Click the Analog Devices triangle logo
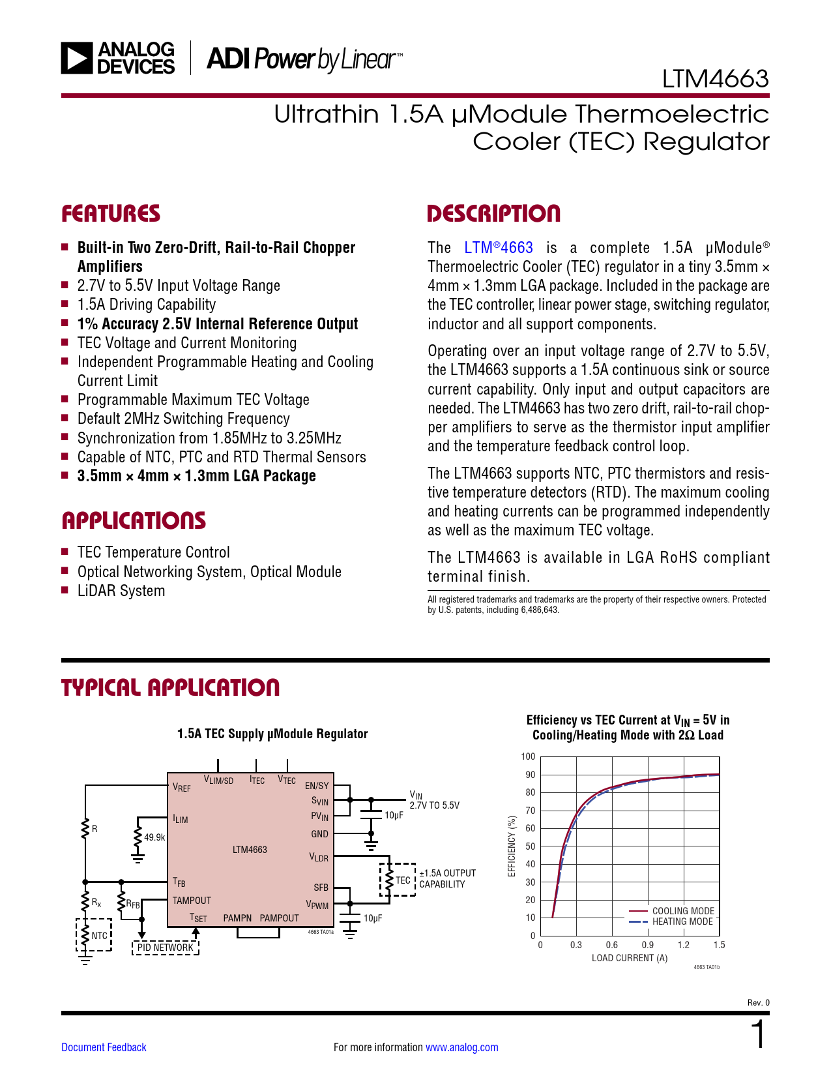point(77,58)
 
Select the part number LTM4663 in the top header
point(715,79)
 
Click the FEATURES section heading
point(111,214)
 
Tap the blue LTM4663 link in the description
point(499,248)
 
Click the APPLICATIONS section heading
point(134,520)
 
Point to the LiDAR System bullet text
point(121,591)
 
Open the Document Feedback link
point(104,1047)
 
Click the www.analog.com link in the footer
point(461,1047)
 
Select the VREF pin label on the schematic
point(182,788)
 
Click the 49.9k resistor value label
point(154,837)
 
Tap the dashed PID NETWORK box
point(165,948)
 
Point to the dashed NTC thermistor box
point(95,935)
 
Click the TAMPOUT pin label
point(192,901)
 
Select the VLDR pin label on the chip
point(319,857)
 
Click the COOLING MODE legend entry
point(683,911)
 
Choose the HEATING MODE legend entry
point(682,921)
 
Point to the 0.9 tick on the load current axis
point(647,945)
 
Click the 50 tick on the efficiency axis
point(530,846)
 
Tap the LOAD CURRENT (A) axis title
point(629,958)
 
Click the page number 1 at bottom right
point(758,1035)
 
